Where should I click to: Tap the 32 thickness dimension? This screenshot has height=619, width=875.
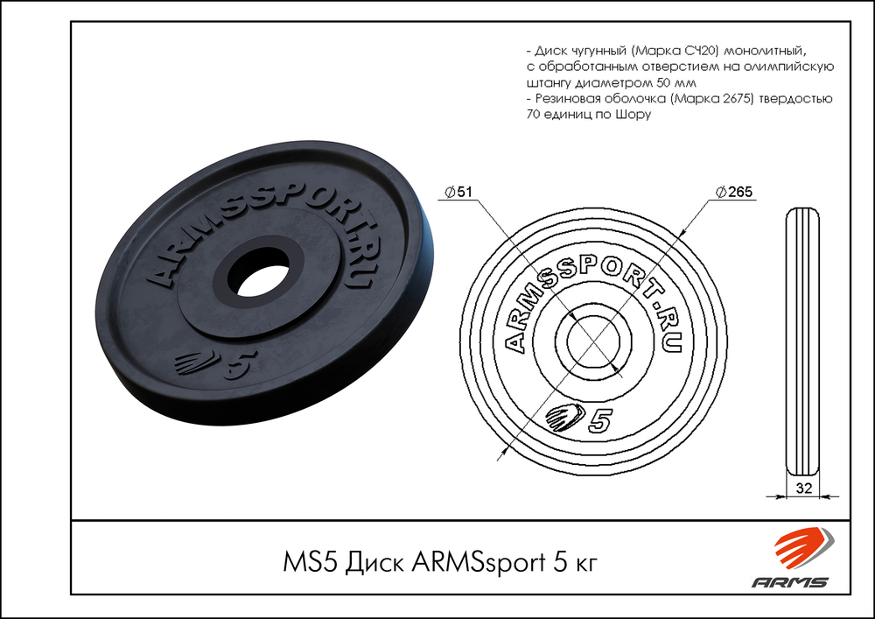tap(802, 488)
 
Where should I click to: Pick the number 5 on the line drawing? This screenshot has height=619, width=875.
tap(599, 420)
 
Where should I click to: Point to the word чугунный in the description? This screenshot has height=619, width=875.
tap(595, 51)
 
